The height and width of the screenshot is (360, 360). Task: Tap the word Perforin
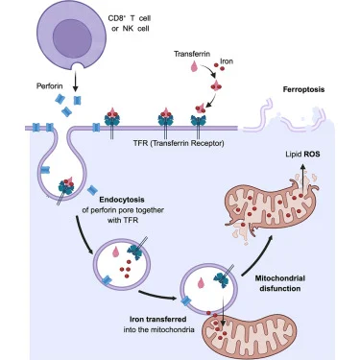pyautogui.click(x=50, y=86)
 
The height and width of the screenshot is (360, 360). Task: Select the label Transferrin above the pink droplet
pyautogui.click(x=192, y=54)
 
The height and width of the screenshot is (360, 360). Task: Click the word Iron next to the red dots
pyautogui.click(x=227, y=60)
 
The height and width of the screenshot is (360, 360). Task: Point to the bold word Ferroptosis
pyautogui.click(x=303, y=89)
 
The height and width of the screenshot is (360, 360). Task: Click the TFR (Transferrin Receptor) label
pyautogui.click(x=179, y=143)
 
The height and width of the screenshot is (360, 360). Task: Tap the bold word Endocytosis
pyautogui.click(x=122, y=200)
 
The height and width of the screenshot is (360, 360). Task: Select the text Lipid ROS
pyautogui.click(x=302, y=155)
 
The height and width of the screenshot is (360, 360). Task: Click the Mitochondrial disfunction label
pyautogui.click(x=280, y=283)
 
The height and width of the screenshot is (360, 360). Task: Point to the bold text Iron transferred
pyautogui.click(x=158, y=319)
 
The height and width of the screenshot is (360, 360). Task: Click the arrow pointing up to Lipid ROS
pyautogui.click(x=301, y=176)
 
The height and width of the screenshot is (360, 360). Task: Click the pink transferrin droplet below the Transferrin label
pyautogui.click(x=194, y=66)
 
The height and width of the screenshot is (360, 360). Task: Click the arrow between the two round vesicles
pyautogui.click(x=157, y=296)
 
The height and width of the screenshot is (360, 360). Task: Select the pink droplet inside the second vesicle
pyautogui.click(x=201, y=283)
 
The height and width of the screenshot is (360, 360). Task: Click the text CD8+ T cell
pyautogui.click(x=130, y=18)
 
